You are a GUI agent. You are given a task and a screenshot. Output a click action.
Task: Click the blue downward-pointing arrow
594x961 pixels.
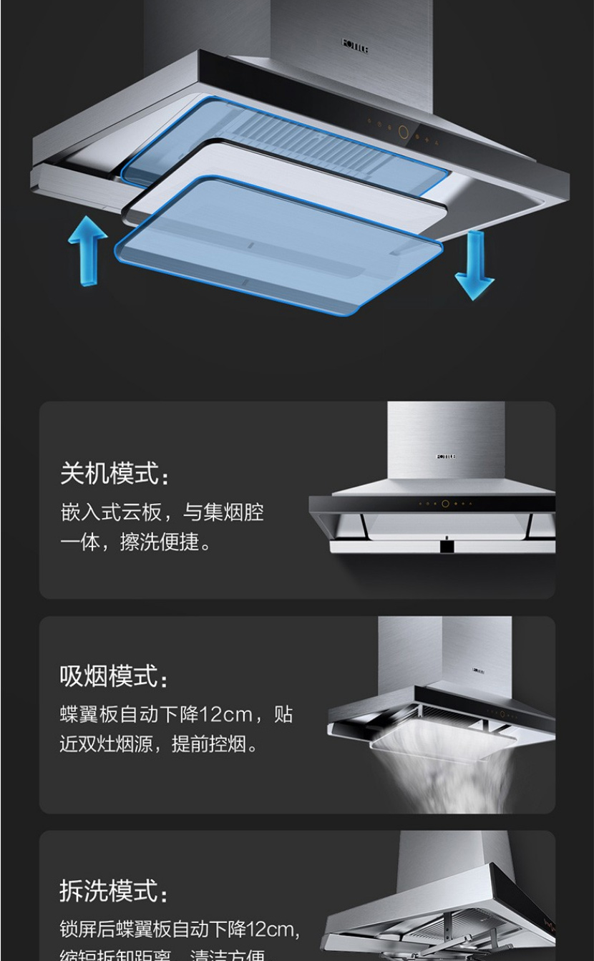[474, 264]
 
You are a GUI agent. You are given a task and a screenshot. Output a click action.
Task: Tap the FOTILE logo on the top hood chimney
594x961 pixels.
[356, 46]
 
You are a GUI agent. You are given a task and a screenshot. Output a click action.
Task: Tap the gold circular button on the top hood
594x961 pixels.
[403, 132]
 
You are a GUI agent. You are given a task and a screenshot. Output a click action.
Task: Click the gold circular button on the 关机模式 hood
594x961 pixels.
[445, 504]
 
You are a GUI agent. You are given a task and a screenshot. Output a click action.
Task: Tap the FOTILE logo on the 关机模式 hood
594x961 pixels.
[445, 456]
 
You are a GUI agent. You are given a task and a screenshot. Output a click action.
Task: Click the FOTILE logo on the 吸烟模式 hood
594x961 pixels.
[479, 670]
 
